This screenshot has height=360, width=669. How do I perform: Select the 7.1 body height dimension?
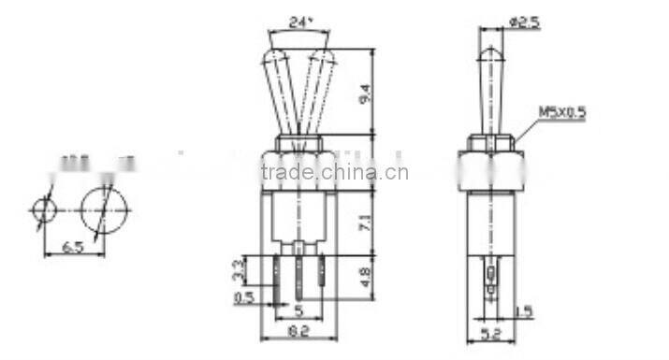point(365,222)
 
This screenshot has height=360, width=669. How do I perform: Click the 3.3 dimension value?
point(238,271)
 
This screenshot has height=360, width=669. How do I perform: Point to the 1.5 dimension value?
point(523,310)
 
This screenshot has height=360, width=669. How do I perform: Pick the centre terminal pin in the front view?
point(298,277)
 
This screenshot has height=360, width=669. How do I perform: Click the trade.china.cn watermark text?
point(334,172)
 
